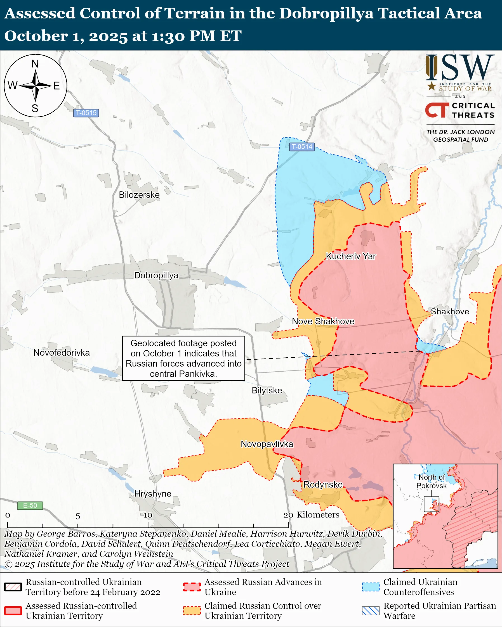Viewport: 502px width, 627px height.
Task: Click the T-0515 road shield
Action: pos(86,113)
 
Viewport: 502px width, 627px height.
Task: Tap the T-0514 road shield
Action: pos(302,147)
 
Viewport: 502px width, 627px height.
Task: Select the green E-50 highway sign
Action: pos(30,505)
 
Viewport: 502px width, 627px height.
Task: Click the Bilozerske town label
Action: pos(139,195)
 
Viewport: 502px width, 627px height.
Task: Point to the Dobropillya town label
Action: pos(156,275)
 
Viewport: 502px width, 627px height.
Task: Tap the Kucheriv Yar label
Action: pos(351,256)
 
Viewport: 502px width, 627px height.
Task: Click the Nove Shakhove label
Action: pos(323,321)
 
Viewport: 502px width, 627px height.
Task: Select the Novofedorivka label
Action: pos(62,353)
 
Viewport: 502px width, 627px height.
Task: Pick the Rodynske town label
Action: pos(323,484)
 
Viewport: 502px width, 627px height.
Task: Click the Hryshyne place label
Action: pos(152,493)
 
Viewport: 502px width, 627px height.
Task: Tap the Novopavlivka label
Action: pos(267,444)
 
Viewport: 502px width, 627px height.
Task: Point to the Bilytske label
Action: pos(267,390)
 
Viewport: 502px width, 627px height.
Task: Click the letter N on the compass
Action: pos(35,64)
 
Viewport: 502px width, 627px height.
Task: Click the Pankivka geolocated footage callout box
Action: pos(183,358)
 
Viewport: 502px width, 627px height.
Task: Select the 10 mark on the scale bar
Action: pos(148,515)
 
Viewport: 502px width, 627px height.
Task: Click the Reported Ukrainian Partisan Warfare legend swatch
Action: pos(371,611)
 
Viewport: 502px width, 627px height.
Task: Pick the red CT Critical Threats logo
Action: pos(437,110)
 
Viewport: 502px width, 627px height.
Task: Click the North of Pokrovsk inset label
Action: pos(432,481)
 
